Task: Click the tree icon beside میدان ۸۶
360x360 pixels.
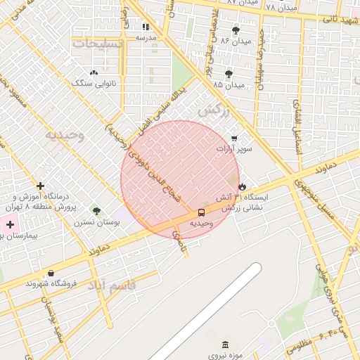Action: click(x=235, y=31)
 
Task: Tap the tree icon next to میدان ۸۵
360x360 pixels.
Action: click(x=229, y=75)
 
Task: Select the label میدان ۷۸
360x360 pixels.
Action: click(x=281, y=6)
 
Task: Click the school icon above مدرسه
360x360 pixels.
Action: click(x=146, y=27)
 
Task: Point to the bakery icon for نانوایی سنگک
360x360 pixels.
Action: click(x=94, y=73)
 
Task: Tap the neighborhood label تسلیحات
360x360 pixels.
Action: click(x=98, y=44)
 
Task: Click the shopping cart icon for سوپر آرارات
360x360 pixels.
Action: click(x=233, y=138)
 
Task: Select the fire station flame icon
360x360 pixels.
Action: click(x=243, y=187)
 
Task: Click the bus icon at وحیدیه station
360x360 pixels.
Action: click(x=201, y=212)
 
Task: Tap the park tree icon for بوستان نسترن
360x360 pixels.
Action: click(x=96, y=210)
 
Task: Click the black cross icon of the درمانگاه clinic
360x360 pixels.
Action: click(x=41, y=186)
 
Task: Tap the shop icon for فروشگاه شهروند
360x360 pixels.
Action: click(x=51, y=273)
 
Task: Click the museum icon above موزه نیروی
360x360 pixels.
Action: click(x=225, y=345)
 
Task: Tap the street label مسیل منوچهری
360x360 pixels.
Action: click(x=312, y=198)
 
